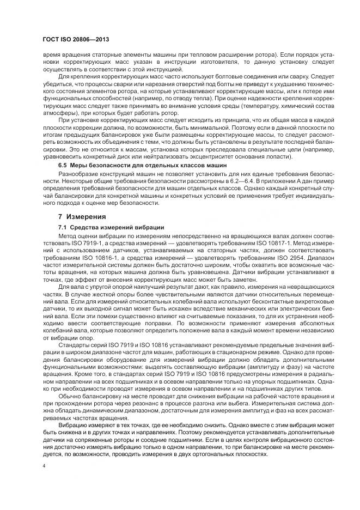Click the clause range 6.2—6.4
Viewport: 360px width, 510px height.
click(x=243, y=179)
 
